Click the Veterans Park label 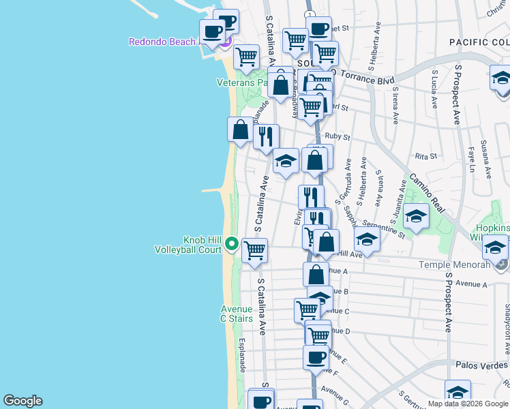tap(241, 82)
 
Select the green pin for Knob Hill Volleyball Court tap(232, 244)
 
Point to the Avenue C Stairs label tap(236, 314)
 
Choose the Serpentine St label tap(383, 230)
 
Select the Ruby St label tap(337, 136)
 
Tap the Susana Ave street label tap(486, 159)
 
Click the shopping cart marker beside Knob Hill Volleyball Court tap(254, 250)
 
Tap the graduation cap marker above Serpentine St tap(416, 217)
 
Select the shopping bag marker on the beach tap(241, 129)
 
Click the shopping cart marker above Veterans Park tap(246, 57)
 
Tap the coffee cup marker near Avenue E tap(316, 357)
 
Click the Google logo tap(22, 401)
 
